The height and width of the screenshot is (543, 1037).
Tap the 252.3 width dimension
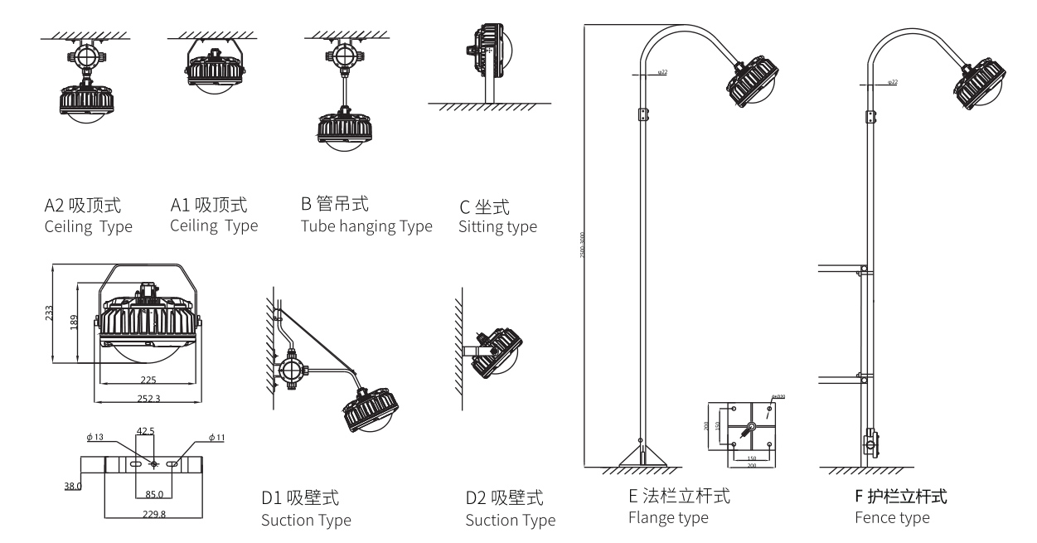point(149,399)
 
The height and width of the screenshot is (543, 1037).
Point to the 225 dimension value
point(149,381)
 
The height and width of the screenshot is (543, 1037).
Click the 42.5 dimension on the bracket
point(146,430)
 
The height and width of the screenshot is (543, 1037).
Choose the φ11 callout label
point(218,438)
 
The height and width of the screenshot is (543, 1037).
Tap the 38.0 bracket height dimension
point(73,486)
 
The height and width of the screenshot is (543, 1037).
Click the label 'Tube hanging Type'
point(366,226)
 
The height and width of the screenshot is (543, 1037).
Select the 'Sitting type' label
point(497,226)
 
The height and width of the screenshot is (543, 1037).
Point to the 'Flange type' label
point(668,518)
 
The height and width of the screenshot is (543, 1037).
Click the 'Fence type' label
point(892,518)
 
